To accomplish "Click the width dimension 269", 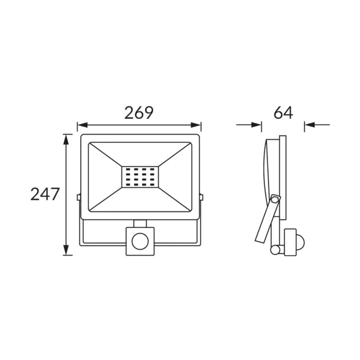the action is tap(139, 113).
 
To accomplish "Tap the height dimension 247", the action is tap(45, 194).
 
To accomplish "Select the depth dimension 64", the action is tap(283, 113).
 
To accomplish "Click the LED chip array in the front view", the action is tap(140, 177).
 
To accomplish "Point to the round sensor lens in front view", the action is tap(140, 241).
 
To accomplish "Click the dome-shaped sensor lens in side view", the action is tap(301, 242).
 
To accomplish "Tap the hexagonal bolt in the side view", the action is tap(275, 200).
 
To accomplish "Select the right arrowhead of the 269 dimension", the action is tap(196, 125).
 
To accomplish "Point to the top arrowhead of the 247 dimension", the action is tap(66, 139).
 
